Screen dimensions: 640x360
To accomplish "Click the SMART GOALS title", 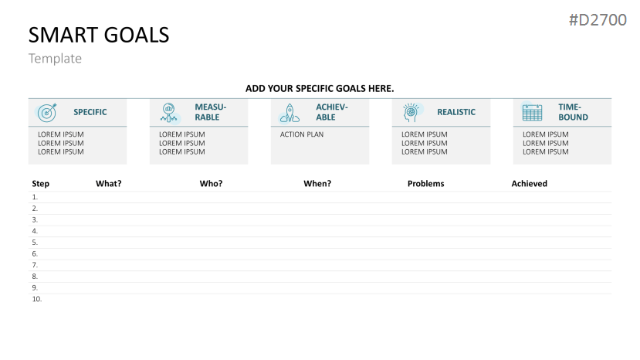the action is [x=99, y=35].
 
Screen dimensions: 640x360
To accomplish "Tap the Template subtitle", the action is [x=55, y=59].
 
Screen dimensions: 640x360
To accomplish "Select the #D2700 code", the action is [x=598, y=19].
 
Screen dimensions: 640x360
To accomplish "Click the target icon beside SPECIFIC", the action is [x=47, y=112].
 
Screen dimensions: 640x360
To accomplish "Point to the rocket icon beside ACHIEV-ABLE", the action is [x=290, y=114].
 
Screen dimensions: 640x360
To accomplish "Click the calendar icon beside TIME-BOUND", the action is [x=532, y=112].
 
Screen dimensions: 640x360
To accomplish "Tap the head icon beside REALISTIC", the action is [x=411, y=112].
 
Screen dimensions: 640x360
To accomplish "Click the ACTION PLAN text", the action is [x=302, y=134].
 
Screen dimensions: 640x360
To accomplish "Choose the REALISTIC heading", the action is [x=456, y=112].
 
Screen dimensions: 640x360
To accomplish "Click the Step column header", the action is [x=40, y=183].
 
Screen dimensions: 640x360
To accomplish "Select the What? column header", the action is [x=109, y=183].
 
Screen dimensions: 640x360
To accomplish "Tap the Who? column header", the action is [x=211, y=183].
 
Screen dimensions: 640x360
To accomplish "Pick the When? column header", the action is [x=317, y=183].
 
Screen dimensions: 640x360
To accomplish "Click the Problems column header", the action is [x=425, y=183].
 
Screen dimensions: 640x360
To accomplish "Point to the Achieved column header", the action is [x=530, y=183].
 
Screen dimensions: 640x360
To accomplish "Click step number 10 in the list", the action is [x=37, y=299].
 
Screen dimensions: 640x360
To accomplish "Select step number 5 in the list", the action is [x=35, y=243].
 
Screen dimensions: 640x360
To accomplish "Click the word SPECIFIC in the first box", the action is [x=90, y=112].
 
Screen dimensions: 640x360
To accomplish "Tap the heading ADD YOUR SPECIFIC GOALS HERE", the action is [x=320, y=89].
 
